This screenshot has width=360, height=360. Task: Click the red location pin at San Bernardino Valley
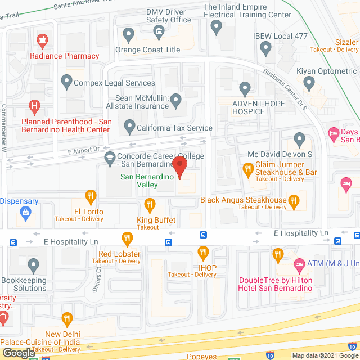tap(179, 167)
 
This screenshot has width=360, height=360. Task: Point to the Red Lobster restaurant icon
tap(127, 238)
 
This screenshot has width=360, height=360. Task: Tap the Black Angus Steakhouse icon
tap(294, 200)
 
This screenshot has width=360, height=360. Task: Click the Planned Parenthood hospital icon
tap(35, 105)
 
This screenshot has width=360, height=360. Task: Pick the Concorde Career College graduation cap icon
tap(108, 160)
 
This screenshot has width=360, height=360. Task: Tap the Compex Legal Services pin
tap(66, 83)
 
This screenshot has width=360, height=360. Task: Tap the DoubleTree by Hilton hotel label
tap(276, 284)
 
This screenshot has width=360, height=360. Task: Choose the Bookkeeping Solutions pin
tap(34, 264)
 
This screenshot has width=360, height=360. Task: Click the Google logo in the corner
tap(18, 353)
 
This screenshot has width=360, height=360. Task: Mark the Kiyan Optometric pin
tap(308, 83)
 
